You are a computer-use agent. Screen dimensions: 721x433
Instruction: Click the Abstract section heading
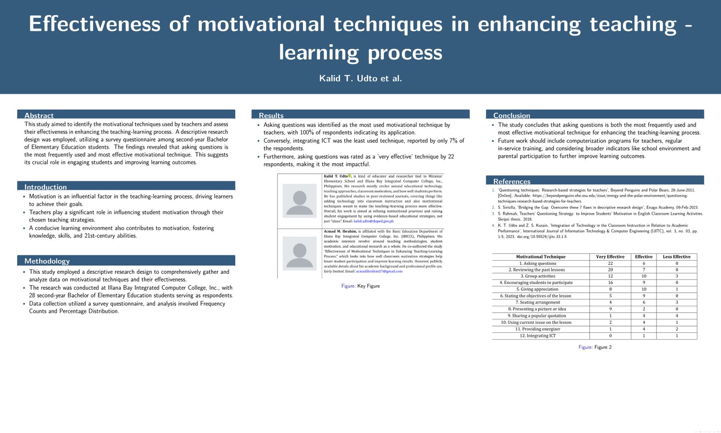click(x=39, y=115)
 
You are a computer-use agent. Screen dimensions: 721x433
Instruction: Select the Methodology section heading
click(x=47, y=261)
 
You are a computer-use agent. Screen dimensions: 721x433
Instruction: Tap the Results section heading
click(x=271, y=115)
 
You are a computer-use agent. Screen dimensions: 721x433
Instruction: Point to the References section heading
click(x=512, y=181)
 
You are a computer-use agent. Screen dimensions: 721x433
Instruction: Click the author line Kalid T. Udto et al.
click(x=360, y=78)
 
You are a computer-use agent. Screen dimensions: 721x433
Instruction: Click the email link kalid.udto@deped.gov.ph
click(x=374, y=221)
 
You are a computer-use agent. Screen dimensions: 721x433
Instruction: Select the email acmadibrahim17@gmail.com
click(x=379, y=271)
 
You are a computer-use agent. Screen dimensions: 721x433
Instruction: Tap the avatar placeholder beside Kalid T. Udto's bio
click(x=300, y=201)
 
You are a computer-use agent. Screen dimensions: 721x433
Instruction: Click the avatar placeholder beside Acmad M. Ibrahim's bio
click(x=300, y=253)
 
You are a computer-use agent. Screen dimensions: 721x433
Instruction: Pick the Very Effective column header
click(x=610, y=257)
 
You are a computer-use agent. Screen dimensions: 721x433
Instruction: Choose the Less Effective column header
click(x=676, y=257)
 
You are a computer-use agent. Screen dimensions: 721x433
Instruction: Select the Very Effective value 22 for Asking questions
click(x=610, y=263)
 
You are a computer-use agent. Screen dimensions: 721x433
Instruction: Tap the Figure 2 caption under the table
click(x=595, y=347)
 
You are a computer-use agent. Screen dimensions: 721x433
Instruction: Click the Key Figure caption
click(x=360, y=286)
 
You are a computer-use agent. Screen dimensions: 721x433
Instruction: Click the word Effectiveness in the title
click(x=95, y=24)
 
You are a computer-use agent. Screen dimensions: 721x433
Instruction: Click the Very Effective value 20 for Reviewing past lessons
click(x=610, y=270)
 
